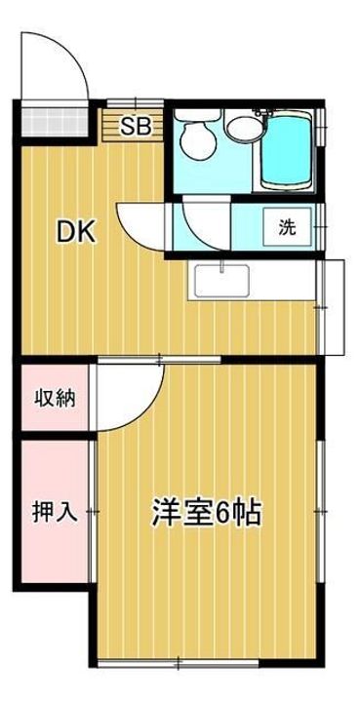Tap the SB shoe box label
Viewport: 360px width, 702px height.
pyautogui.click(x=136, y=124)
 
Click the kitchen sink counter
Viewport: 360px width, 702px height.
pyautogui.click(x=254, y=282)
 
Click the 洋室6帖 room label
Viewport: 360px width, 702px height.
pyautogui.click(x=206, y=511)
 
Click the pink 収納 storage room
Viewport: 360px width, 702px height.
pyautogui.click(x=53, y=398)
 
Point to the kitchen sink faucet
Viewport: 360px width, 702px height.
pyautogui.click(x=223, y=267)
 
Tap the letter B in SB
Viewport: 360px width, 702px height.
pyautogui.click(x=142, y=124)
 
